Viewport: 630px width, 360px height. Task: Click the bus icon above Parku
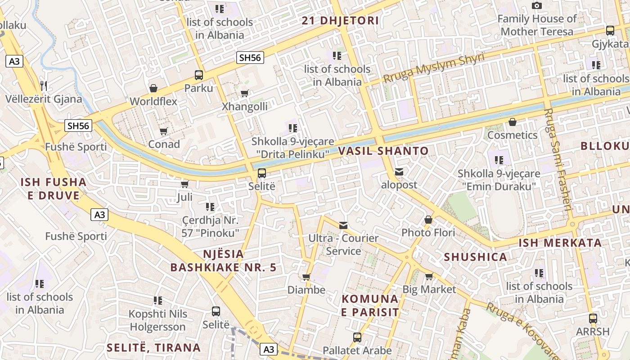click(198, 75)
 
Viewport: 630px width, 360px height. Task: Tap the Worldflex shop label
click(153, 101)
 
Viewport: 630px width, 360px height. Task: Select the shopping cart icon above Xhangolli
click(244, 94)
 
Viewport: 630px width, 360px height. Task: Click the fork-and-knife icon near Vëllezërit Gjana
click(44, 85)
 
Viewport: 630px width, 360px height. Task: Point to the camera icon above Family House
click(536, 6)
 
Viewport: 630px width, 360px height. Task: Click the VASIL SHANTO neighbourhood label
click(383, 151)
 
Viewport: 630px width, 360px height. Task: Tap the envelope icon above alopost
click(399, 172)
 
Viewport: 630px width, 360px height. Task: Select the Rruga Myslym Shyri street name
click(434, 68)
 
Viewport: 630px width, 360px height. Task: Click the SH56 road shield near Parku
click(250, 57)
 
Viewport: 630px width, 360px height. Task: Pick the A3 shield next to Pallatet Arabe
click(269, 349)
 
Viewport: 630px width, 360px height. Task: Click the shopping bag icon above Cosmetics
click(512, 122)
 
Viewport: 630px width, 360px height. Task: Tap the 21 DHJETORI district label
click(340, 21)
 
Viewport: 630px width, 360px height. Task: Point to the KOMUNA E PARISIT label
click(370, 306)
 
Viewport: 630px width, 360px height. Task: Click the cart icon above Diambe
click(306, 277)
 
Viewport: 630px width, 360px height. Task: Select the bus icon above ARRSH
click(593, 319)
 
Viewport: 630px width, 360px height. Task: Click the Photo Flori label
click(428, 233)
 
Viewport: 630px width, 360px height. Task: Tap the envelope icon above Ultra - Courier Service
click(343, 225)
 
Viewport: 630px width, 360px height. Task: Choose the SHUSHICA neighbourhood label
click(476, 257)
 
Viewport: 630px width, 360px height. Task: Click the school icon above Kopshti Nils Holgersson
click(157, 300)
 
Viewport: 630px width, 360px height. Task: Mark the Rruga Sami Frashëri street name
click(558, 160)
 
